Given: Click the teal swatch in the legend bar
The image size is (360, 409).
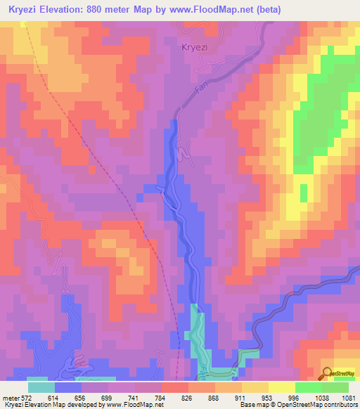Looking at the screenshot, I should (41, 387).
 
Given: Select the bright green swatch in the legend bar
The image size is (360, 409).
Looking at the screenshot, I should (308, 387).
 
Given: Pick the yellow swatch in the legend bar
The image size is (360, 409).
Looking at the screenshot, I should (281, 387).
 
